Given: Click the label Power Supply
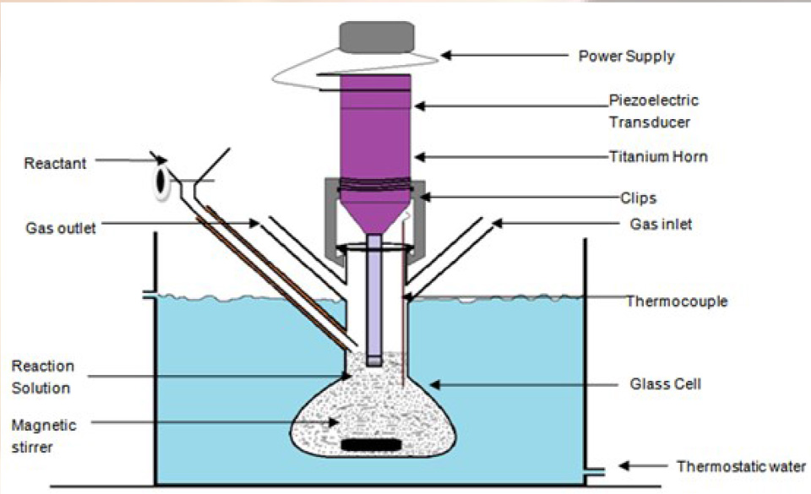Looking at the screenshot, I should point(626,57).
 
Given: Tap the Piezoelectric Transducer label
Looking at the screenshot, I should point(654,111).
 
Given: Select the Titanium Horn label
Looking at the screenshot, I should point(657,156).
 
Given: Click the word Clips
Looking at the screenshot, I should point(639,198).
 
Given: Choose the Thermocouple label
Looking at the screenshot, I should point(676,301).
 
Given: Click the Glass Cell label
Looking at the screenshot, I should point(665,384).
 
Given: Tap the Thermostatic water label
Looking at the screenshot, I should point(741,466).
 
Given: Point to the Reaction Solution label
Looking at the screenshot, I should point(42,377).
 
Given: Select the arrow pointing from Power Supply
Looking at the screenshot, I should point(503,56).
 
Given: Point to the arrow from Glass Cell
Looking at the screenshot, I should point(491,384).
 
